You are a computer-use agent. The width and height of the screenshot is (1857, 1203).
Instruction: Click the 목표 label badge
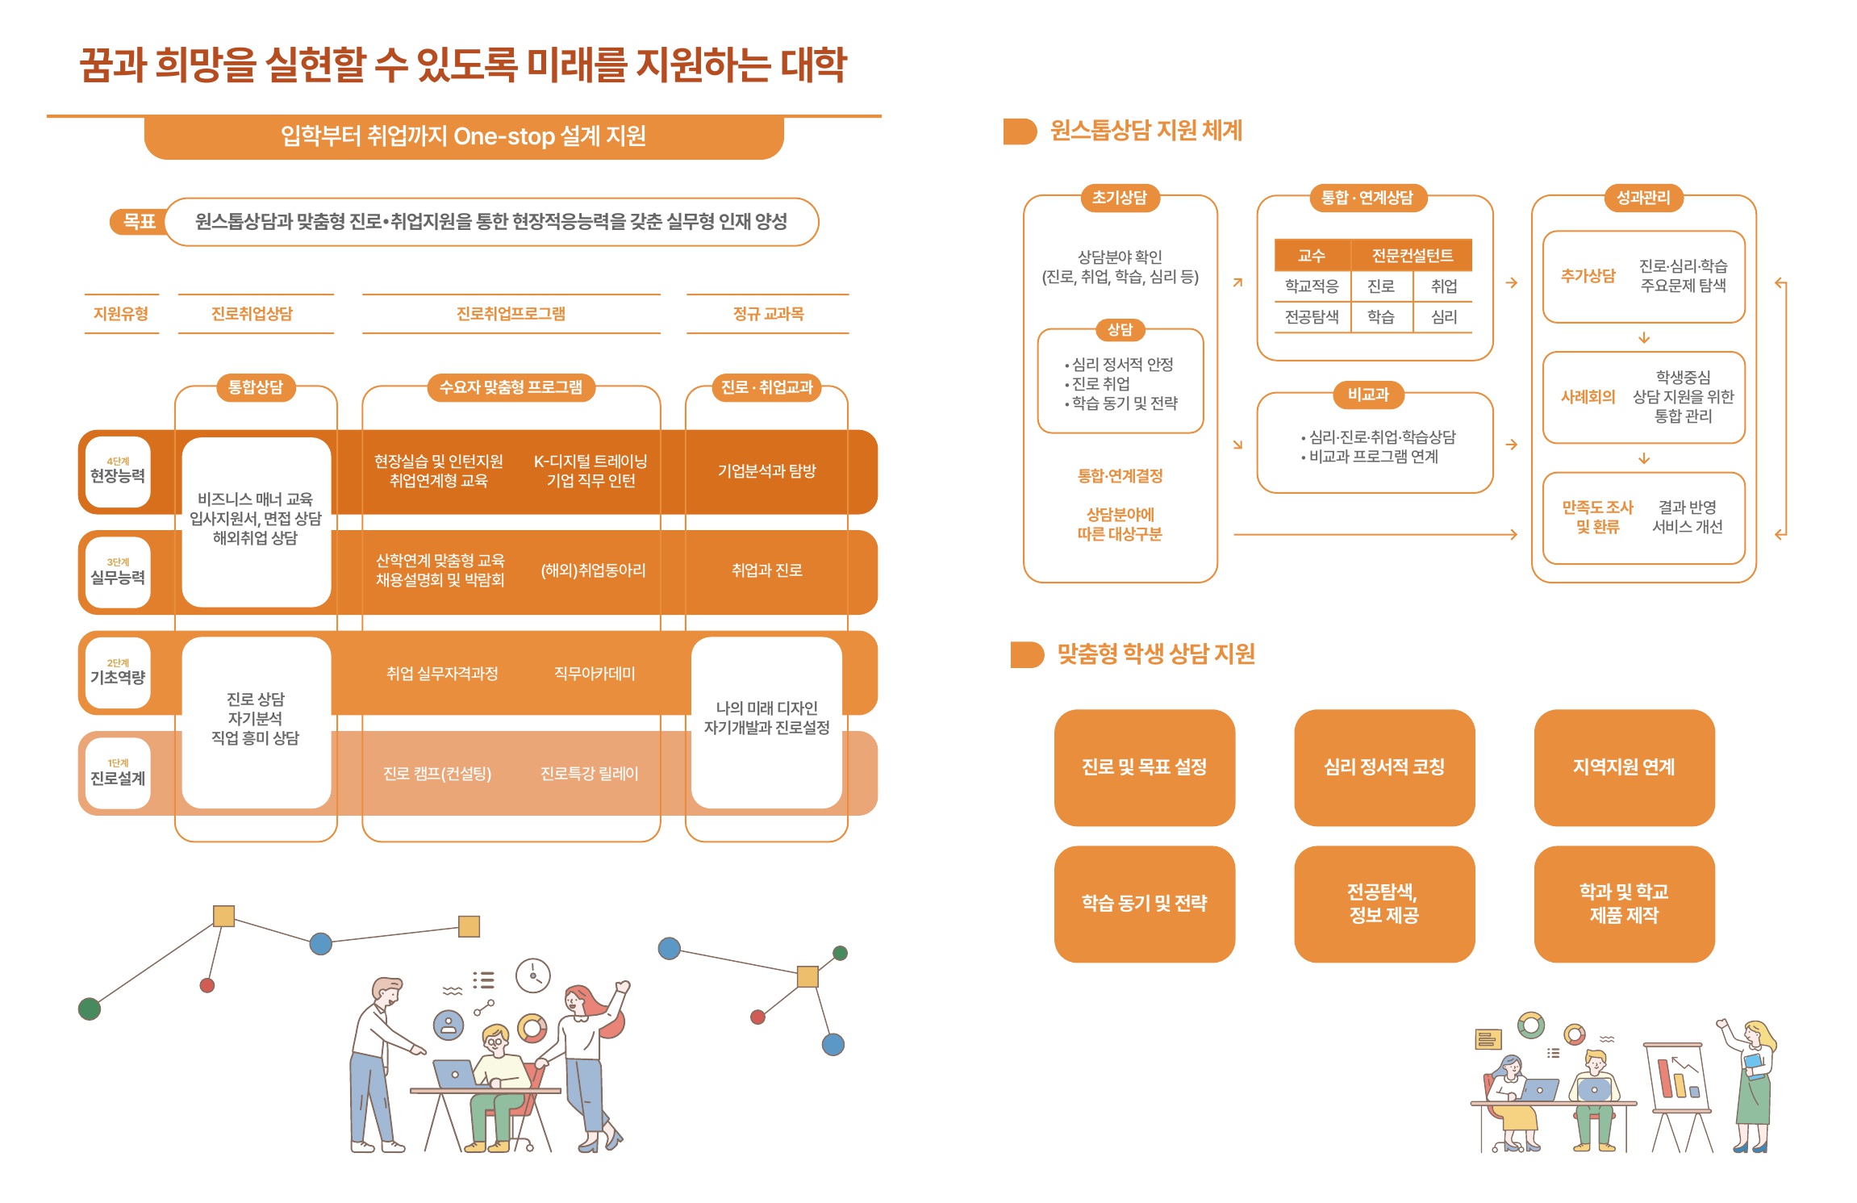[x=139, y=221]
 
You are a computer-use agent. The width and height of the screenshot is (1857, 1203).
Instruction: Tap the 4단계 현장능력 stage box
[x=118, y=472]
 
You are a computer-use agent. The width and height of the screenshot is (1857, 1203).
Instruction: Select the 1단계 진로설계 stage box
[x=118, y=773]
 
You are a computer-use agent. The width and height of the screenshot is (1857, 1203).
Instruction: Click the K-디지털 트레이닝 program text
[x=590, y=462]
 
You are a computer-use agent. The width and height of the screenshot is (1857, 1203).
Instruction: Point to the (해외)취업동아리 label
[x=593, y=570]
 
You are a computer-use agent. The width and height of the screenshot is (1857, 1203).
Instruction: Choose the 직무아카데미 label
[x=595, y=674]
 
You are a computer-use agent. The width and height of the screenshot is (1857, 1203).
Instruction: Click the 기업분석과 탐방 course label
[x=767, y=471]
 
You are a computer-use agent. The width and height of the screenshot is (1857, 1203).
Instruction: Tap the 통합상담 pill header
[x=256, y=387]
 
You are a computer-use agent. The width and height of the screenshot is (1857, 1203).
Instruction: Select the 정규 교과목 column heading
[x=768, y=314]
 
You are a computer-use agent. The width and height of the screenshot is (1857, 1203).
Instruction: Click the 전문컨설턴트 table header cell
[x=1412, y=256]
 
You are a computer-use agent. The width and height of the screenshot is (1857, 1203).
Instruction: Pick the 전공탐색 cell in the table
[x=1312, y=317]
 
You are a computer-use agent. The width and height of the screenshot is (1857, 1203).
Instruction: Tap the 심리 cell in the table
[x=1444, y=317]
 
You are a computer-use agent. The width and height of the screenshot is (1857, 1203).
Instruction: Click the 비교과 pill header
[x=1369, y=395]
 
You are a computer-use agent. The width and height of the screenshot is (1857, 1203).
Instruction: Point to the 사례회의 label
[x=1588, y=397]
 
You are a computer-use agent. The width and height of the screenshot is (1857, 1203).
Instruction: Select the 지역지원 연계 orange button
[x=1624, y=767]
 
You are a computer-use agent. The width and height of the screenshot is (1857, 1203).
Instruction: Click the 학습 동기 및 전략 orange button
[x=1144, y=904]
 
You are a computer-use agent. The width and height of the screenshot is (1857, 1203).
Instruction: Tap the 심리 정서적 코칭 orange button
[x=1384, y=767]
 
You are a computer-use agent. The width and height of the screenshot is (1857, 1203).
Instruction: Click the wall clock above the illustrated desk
[x=533, y=975]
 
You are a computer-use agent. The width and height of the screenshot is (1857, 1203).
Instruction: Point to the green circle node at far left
[x=90, y=1009]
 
